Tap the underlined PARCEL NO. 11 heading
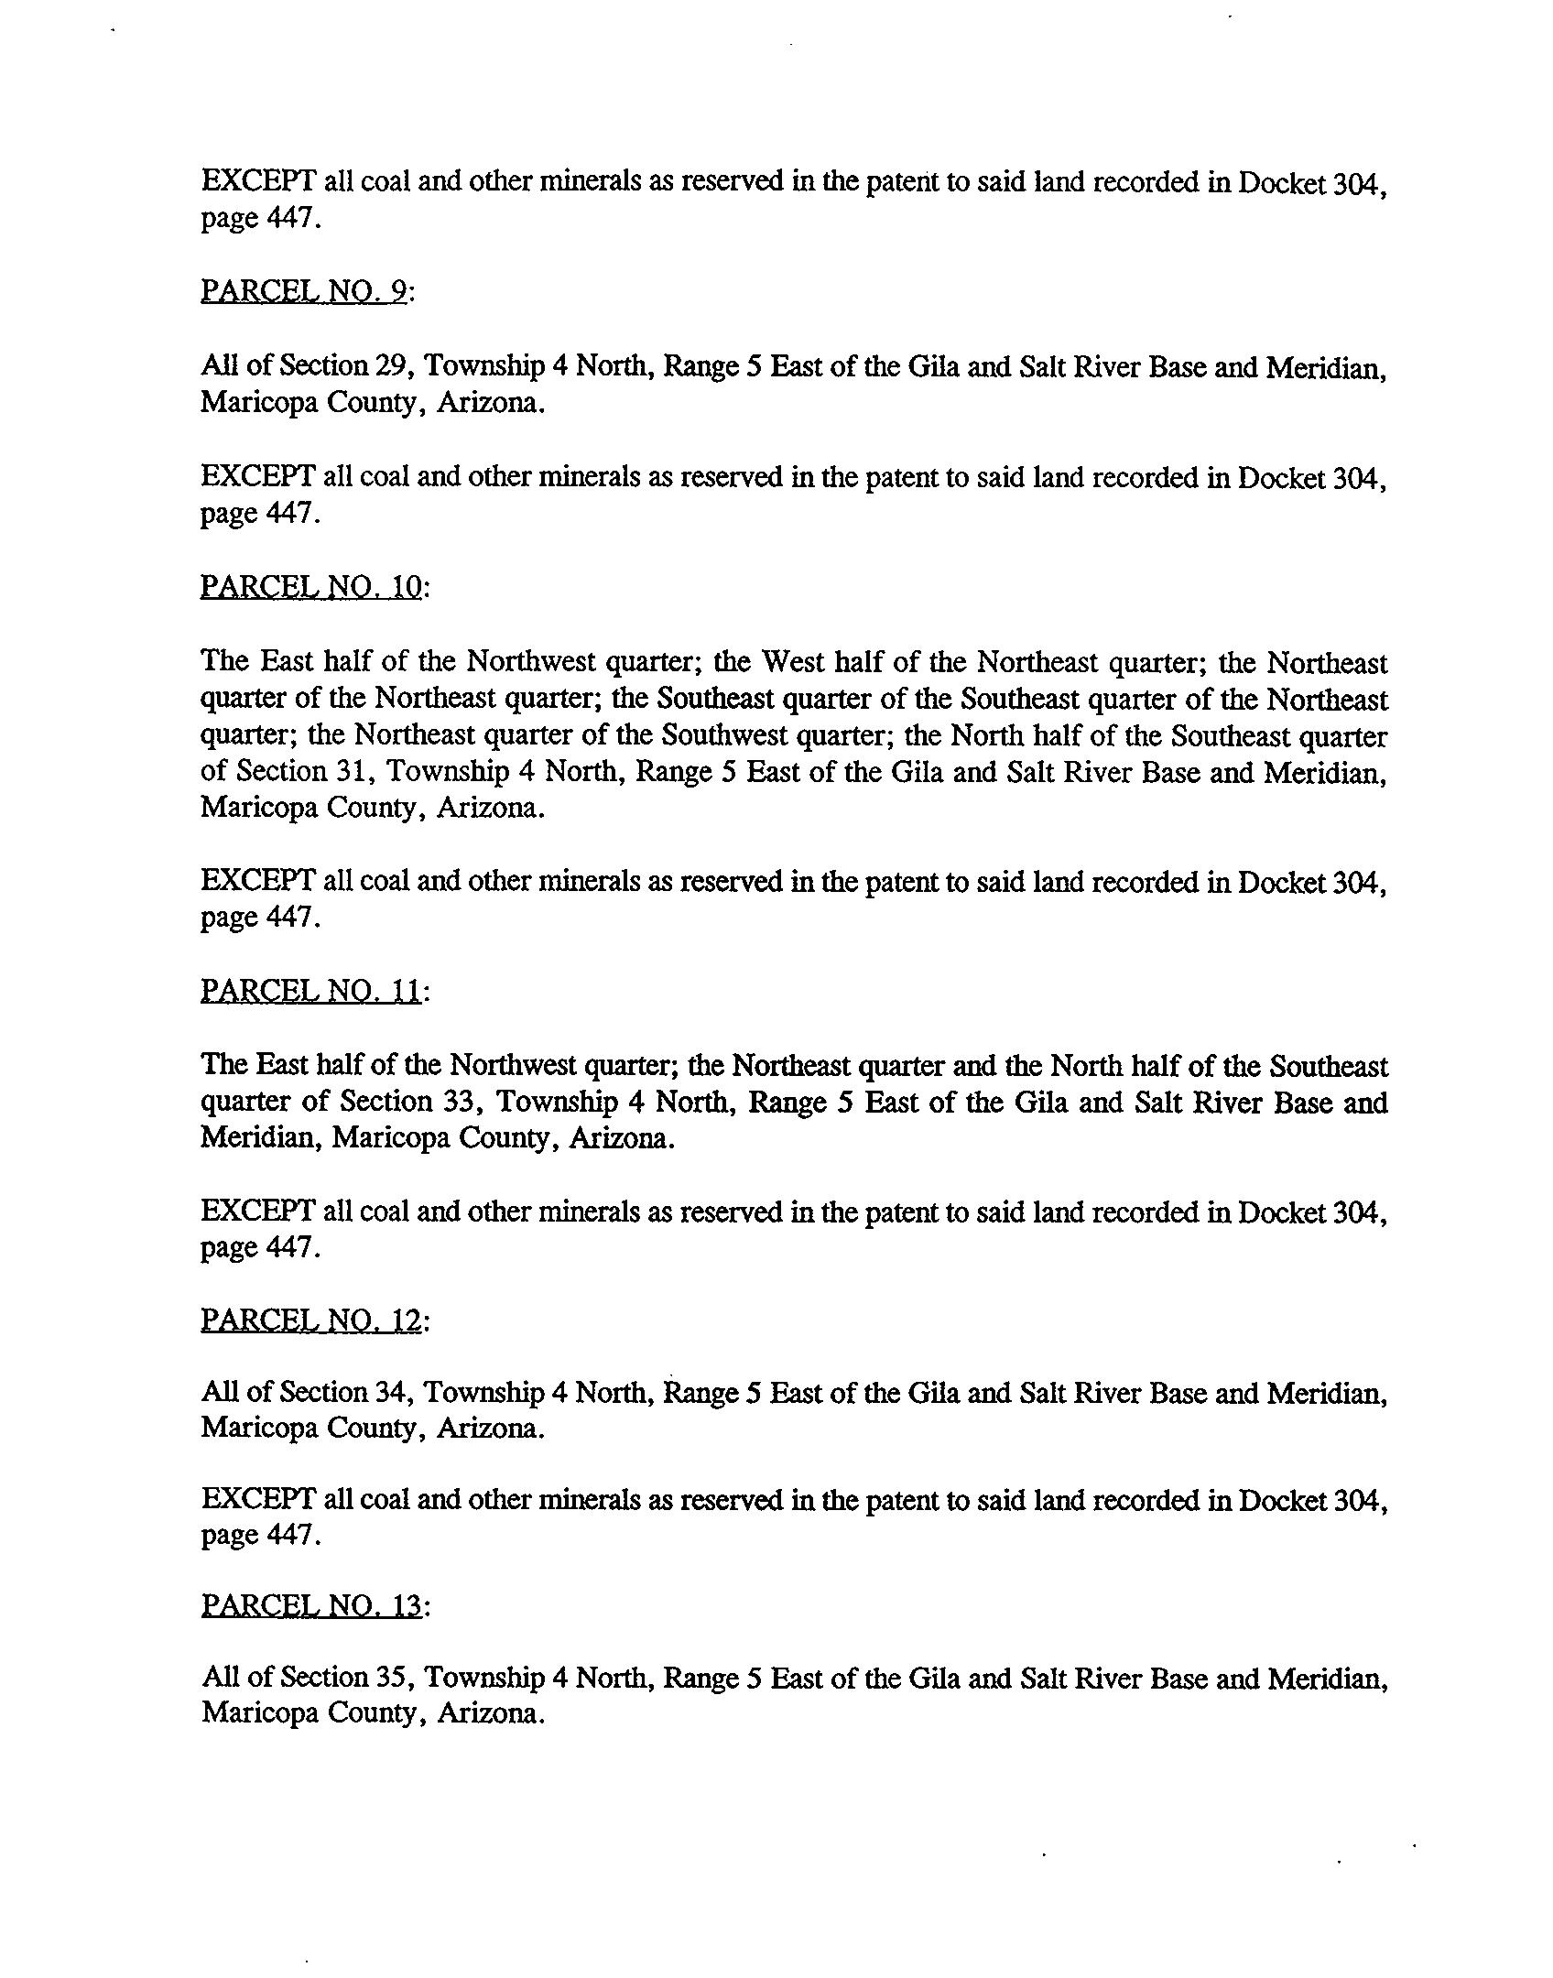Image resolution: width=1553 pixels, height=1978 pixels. point(311,991)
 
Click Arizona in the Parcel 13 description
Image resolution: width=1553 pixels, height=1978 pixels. point(490,1713)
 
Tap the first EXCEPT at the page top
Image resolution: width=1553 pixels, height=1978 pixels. point(258,182)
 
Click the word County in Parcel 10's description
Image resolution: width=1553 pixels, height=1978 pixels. point(372,809)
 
